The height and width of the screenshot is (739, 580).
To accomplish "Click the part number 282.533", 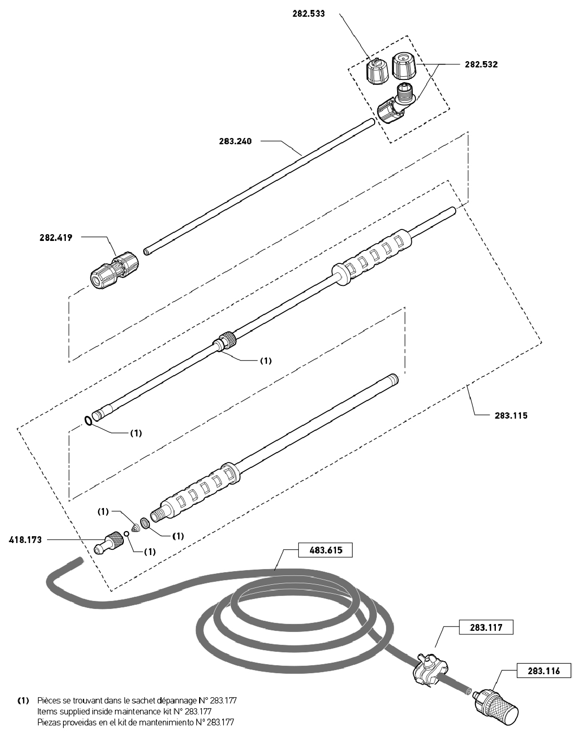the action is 308,14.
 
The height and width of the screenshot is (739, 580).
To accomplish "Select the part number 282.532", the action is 481,65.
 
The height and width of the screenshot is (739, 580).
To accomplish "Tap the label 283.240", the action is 235,141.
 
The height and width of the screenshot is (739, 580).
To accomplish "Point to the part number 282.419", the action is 56,238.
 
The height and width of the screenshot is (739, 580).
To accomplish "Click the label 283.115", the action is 511,415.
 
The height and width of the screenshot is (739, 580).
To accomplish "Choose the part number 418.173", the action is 25,540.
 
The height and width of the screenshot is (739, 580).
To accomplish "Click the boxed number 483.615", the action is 326,550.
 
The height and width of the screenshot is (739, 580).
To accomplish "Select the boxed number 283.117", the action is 486,628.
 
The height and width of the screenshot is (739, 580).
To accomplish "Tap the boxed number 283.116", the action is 543,671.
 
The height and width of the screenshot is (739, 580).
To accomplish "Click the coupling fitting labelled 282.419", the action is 114,270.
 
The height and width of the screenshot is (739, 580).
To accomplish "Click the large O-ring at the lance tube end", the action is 88,420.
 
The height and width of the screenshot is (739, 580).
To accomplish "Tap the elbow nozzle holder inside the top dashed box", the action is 397,105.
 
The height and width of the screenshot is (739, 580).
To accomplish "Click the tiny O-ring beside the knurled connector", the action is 127,534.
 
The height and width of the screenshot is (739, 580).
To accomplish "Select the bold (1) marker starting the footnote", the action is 23,700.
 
